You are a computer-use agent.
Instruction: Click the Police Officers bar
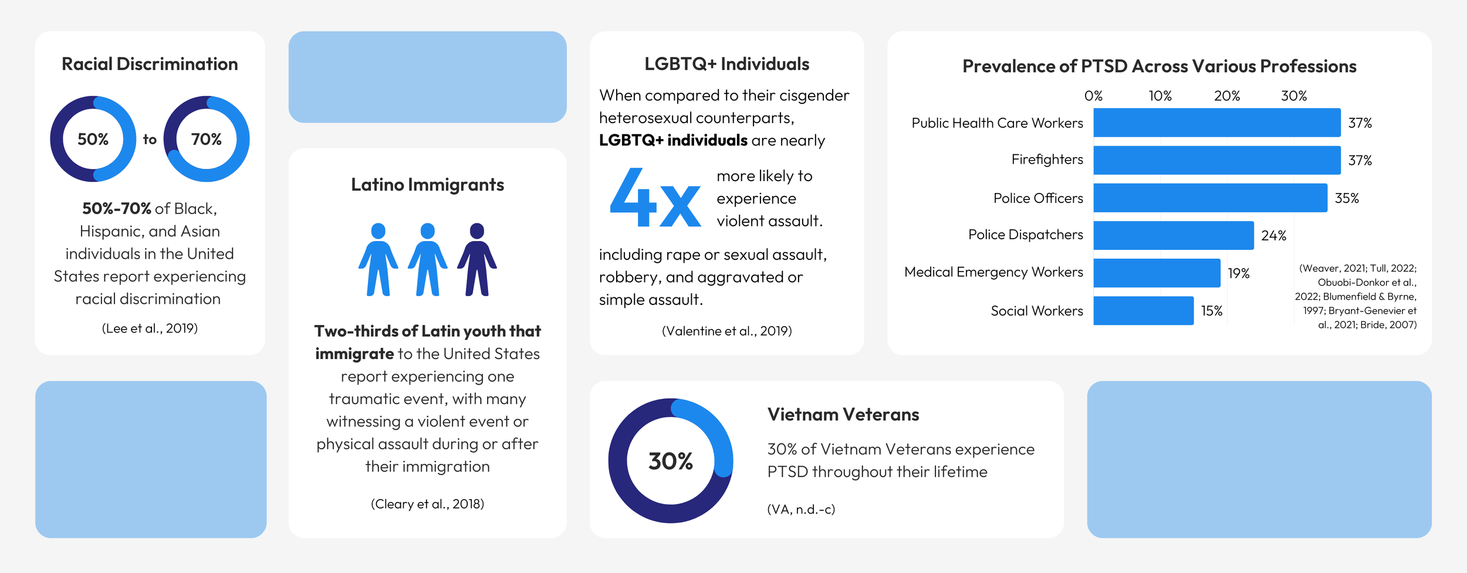click(x=1210, y=198)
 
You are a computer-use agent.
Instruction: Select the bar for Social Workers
click(x=1143, y=310)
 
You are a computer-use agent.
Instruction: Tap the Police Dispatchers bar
click(x=1174, y=235)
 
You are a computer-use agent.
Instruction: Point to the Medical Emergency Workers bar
click(x=1157, y=273)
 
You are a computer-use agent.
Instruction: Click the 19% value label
click(x=1239, y=273)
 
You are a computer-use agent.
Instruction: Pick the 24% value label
click(x=1273, y=236)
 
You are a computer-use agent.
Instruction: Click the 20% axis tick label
click(x=1227, y=96)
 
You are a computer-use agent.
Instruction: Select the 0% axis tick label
click(x=1094, y=96)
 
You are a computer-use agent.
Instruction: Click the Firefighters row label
click(x=1047, y=160)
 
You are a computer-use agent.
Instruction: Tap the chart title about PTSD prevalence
click(x=1160, y=66)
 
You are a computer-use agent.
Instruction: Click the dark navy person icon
click(x=477, y=259)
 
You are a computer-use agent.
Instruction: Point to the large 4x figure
click(x=655, y=197)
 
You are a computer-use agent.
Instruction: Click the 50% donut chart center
click(x=93, y=139)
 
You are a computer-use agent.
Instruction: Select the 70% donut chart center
click(x=207, y=139)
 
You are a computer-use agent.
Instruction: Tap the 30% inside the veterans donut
click(x=671, y=461)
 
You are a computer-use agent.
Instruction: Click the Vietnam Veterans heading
click(x=843, y=415)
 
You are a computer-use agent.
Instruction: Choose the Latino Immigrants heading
click(x=428, y=185)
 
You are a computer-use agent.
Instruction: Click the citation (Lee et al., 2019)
click(x=150, y=328)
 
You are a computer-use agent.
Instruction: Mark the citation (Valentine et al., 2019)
click(x=727, y=331)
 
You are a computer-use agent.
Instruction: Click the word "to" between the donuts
click(x=150, y=140)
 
